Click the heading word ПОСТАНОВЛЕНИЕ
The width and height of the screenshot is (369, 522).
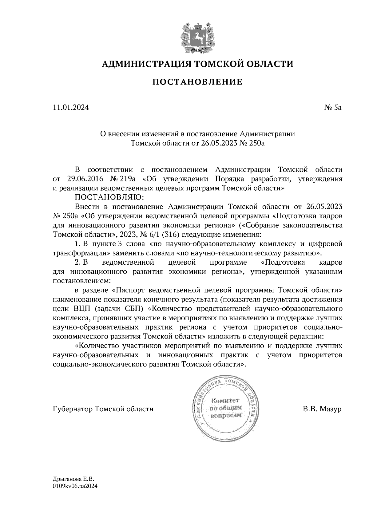197,82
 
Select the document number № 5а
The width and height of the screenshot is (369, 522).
333,108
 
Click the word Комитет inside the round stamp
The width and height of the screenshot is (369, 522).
225,401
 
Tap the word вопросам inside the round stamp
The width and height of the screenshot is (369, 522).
225,415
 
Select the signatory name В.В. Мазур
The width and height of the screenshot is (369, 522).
322,409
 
